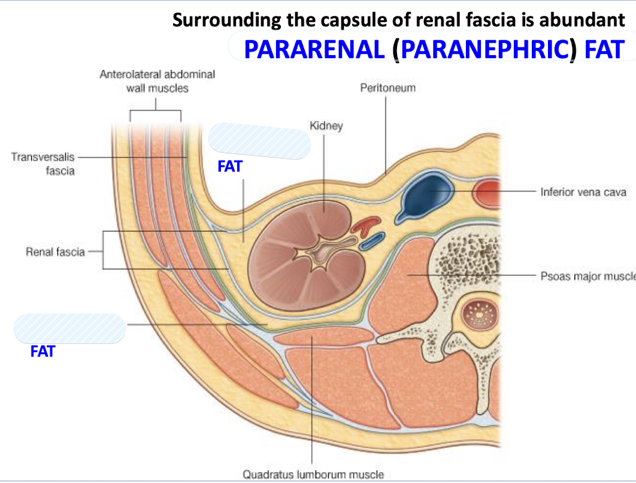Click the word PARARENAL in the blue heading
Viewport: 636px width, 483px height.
click(x=313, y=49)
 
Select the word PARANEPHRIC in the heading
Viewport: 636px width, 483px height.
click(x=484, y=49)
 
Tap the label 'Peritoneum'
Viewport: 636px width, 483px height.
click(x=387, y=88)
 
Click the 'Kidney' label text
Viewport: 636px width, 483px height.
click(x=326, y=126)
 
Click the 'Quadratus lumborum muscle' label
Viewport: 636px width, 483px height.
click(x=313, y=474)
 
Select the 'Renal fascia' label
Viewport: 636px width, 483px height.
click(x=55, y=252)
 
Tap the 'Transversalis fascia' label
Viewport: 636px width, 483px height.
click(x=43, y=164)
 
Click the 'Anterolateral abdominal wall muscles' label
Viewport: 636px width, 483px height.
click(x=157, y=81)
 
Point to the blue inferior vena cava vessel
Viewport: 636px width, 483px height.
click(x=426, y=195)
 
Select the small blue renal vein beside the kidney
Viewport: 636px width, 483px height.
click(x=371, y=241)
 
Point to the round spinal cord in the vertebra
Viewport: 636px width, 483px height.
click(x=480, y=312)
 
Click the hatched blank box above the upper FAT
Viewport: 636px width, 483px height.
click(x=259, y=141)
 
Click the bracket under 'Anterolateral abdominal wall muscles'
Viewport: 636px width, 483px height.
click(x=156, y=110)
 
